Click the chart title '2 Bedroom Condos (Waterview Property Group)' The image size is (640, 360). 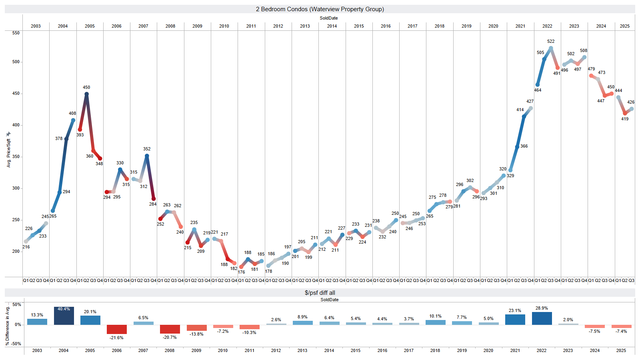coord(320,9)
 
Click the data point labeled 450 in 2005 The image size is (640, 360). coord(86,94)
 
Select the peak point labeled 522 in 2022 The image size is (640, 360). coord(551,48)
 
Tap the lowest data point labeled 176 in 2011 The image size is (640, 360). coord(241,267)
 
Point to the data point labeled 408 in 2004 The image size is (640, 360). coord(73,120)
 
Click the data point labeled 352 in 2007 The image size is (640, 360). coord(147,156)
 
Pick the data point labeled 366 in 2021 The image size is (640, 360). coord(517,147)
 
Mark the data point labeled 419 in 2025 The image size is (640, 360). coord(625,113)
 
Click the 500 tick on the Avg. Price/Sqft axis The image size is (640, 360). coord(16,62)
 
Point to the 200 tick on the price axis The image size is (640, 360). coord(16,252)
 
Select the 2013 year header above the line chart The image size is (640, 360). coord(305,26)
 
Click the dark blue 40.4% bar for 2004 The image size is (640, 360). coord(64,316)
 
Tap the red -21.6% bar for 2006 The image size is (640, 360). coord(117,329)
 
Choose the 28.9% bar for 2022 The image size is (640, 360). coord(542,318)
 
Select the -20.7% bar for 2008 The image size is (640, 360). coord(170,329)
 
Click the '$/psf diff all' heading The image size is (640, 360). coord(320,293)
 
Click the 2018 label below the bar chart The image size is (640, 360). coord(435,350)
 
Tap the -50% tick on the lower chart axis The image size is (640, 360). coord(16,344)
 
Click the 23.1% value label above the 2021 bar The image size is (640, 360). coord(515,310)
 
